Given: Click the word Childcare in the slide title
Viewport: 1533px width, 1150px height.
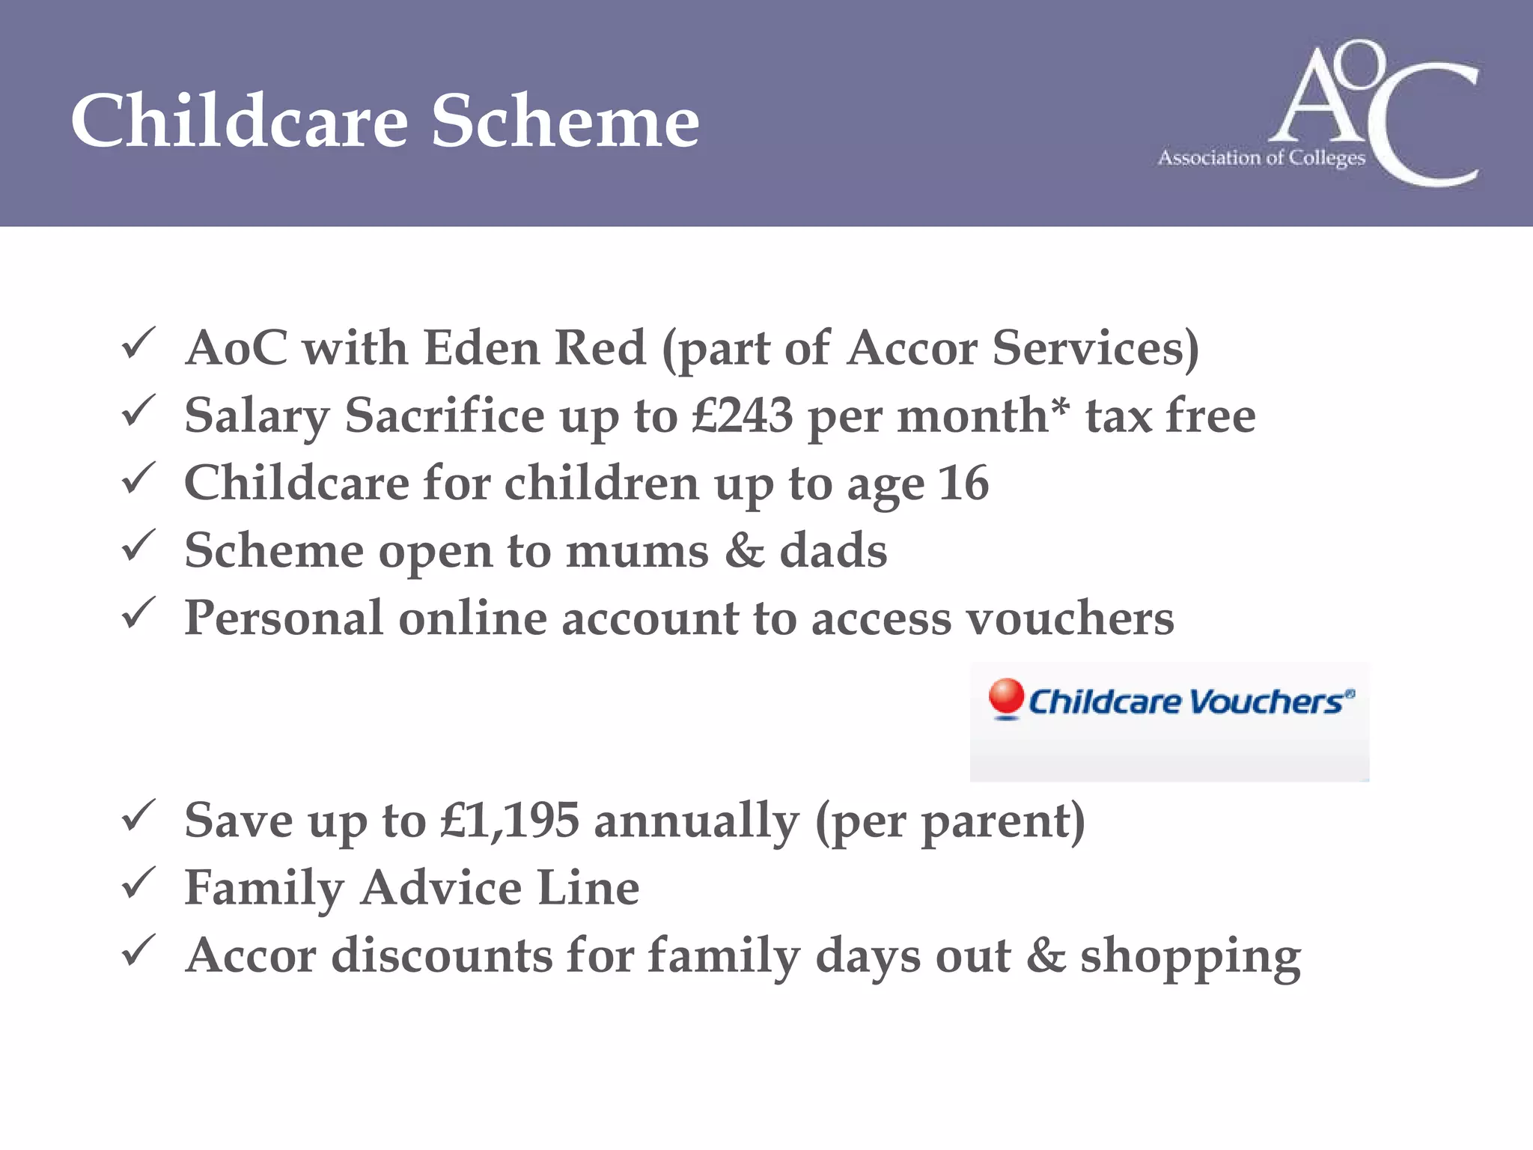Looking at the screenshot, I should tap(240, 121).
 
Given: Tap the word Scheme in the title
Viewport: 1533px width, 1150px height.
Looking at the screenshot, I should tap(565, 121).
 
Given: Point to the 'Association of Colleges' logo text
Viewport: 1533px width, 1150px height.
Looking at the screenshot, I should tap(1261, 158).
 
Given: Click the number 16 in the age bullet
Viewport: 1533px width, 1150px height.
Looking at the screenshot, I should tap(963, 483).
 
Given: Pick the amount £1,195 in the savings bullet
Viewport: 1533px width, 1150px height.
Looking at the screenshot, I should tap(510, 821).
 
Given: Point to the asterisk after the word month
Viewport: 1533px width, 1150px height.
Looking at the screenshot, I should tap(1060, 408).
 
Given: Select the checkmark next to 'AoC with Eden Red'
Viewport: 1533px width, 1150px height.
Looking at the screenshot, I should tap(138, 344).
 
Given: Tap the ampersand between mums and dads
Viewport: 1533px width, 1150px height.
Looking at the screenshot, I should tap(744, 550).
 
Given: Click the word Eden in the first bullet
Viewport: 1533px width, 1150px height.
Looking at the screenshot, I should tap(481, 348).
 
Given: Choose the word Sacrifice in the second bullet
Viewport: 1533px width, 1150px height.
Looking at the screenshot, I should tap(445, 416).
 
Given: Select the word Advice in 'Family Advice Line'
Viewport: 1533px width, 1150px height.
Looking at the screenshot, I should tap(441, 889).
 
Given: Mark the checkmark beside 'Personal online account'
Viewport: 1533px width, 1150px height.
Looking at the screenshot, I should tap(138, 614).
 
